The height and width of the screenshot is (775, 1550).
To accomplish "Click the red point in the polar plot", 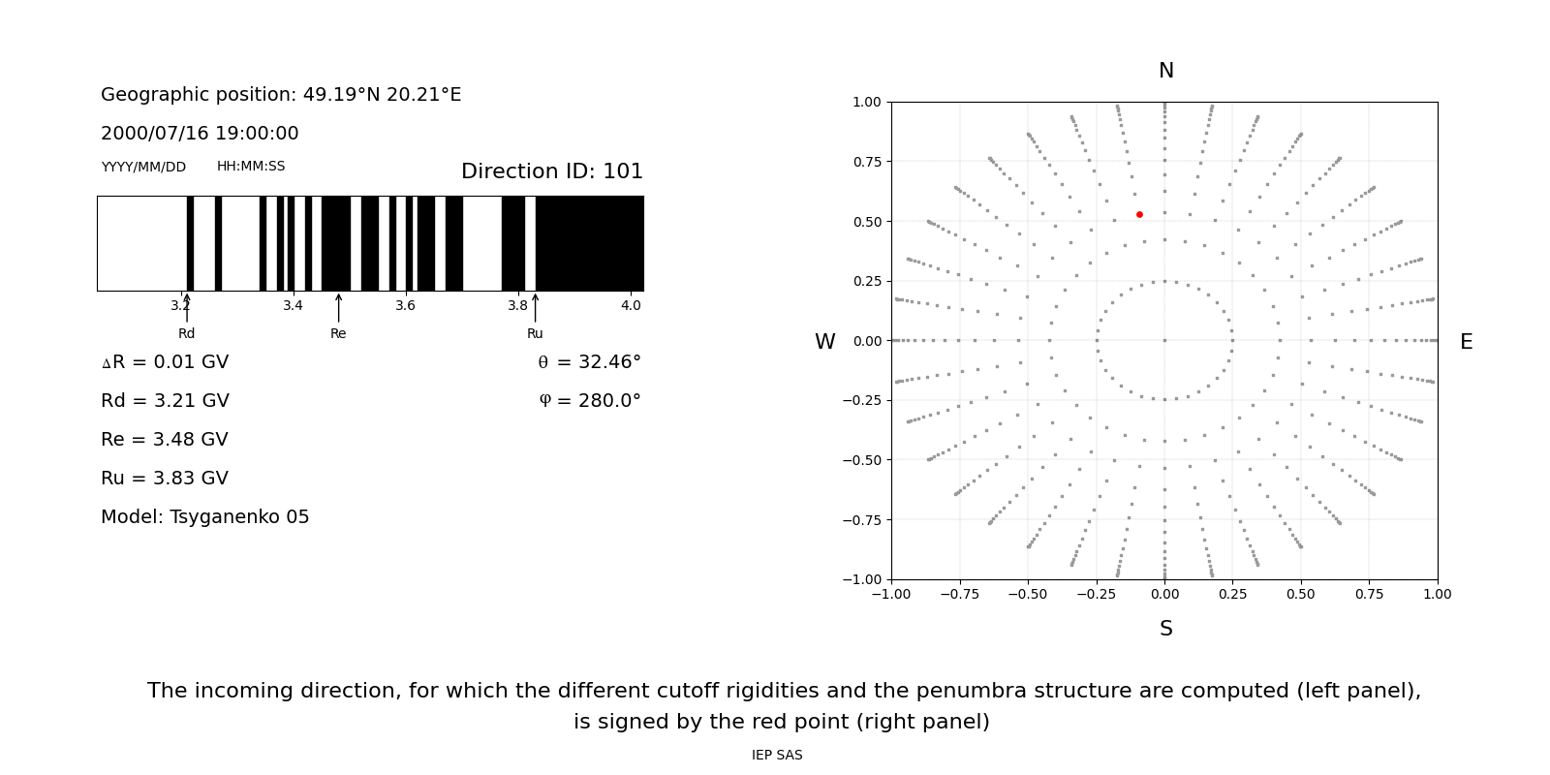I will pos(1139,214).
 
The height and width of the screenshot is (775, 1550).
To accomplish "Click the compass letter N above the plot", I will pos(1165,71).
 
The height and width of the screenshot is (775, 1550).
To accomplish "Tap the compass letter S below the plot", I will pos(1165,629).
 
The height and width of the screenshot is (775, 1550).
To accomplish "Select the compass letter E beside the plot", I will pos(1466,342).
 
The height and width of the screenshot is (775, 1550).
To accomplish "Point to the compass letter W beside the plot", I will pos(824,342).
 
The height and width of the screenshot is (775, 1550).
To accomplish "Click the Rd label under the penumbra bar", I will pos(186,333).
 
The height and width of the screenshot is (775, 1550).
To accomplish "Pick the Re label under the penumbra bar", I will pos(338,333).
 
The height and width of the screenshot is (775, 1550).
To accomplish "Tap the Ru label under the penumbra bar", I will pos(535,333).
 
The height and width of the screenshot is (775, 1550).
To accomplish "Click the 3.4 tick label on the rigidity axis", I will pos(293,305).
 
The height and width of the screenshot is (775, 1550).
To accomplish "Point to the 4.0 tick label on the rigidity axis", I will pos(631,305).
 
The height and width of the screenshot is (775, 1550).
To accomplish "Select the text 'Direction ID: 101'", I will pos(552,171).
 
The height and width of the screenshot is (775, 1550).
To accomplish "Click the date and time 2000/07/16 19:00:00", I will pos(200,134).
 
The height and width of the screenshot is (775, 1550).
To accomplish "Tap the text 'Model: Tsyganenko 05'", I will pos(205,517).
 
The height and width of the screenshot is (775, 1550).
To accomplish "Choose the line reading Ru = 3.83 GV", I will pos(165,479).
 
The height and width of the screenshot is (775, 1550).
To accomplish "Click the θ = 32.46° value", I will pos(589,362).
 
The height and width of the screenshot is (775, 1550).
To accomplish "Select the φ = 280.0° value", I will pos(589,401).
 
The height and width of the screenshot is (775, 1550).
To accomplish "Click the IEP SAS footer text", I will pos(777,756).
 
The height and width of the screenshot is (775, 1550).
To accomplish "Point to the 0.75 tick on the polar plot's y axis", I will pos(867,162).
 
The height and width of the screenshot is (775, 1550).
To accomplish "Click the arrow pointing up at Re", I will pos(338,307).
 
